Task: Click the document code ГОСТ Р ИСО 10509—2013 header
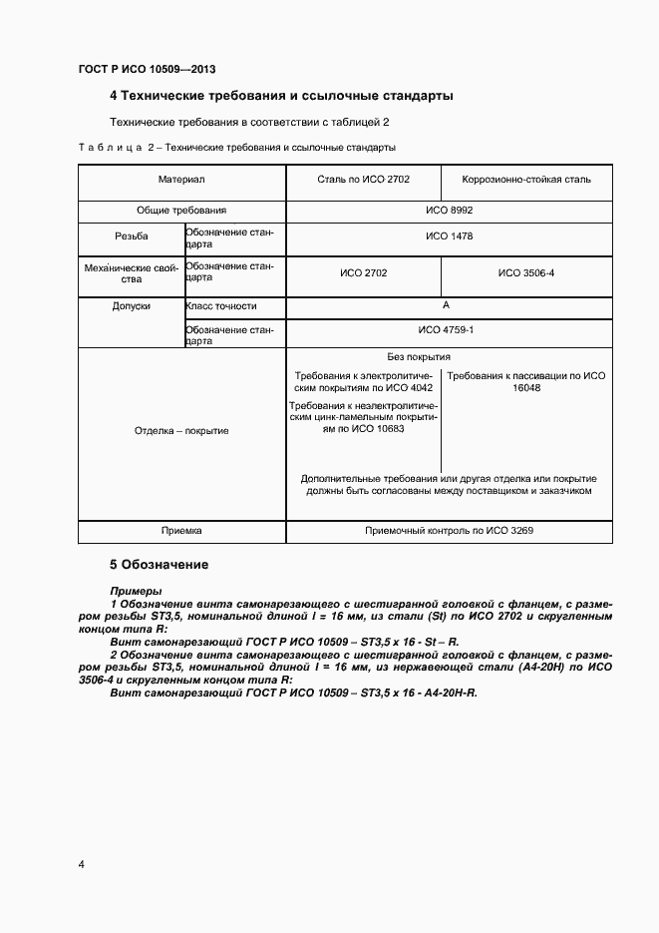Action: click(x=147, y=70)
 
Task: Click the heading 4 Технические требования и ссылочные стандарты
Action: click(x=281, y=97)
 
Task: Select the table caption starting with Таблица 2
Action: click(x=236, y=148)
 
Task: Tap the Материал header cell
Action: click(x=180, y=180)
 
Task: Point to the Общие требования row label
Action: click(x=180, y=211)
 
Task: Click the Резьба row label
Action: click(x=132, y=236)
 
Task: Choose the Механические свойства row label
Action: click(x=132, y=272)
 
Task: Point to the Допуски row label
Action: click(x=132, y=306)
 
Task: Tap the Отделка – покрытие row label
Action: click(x=180, y=431)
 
